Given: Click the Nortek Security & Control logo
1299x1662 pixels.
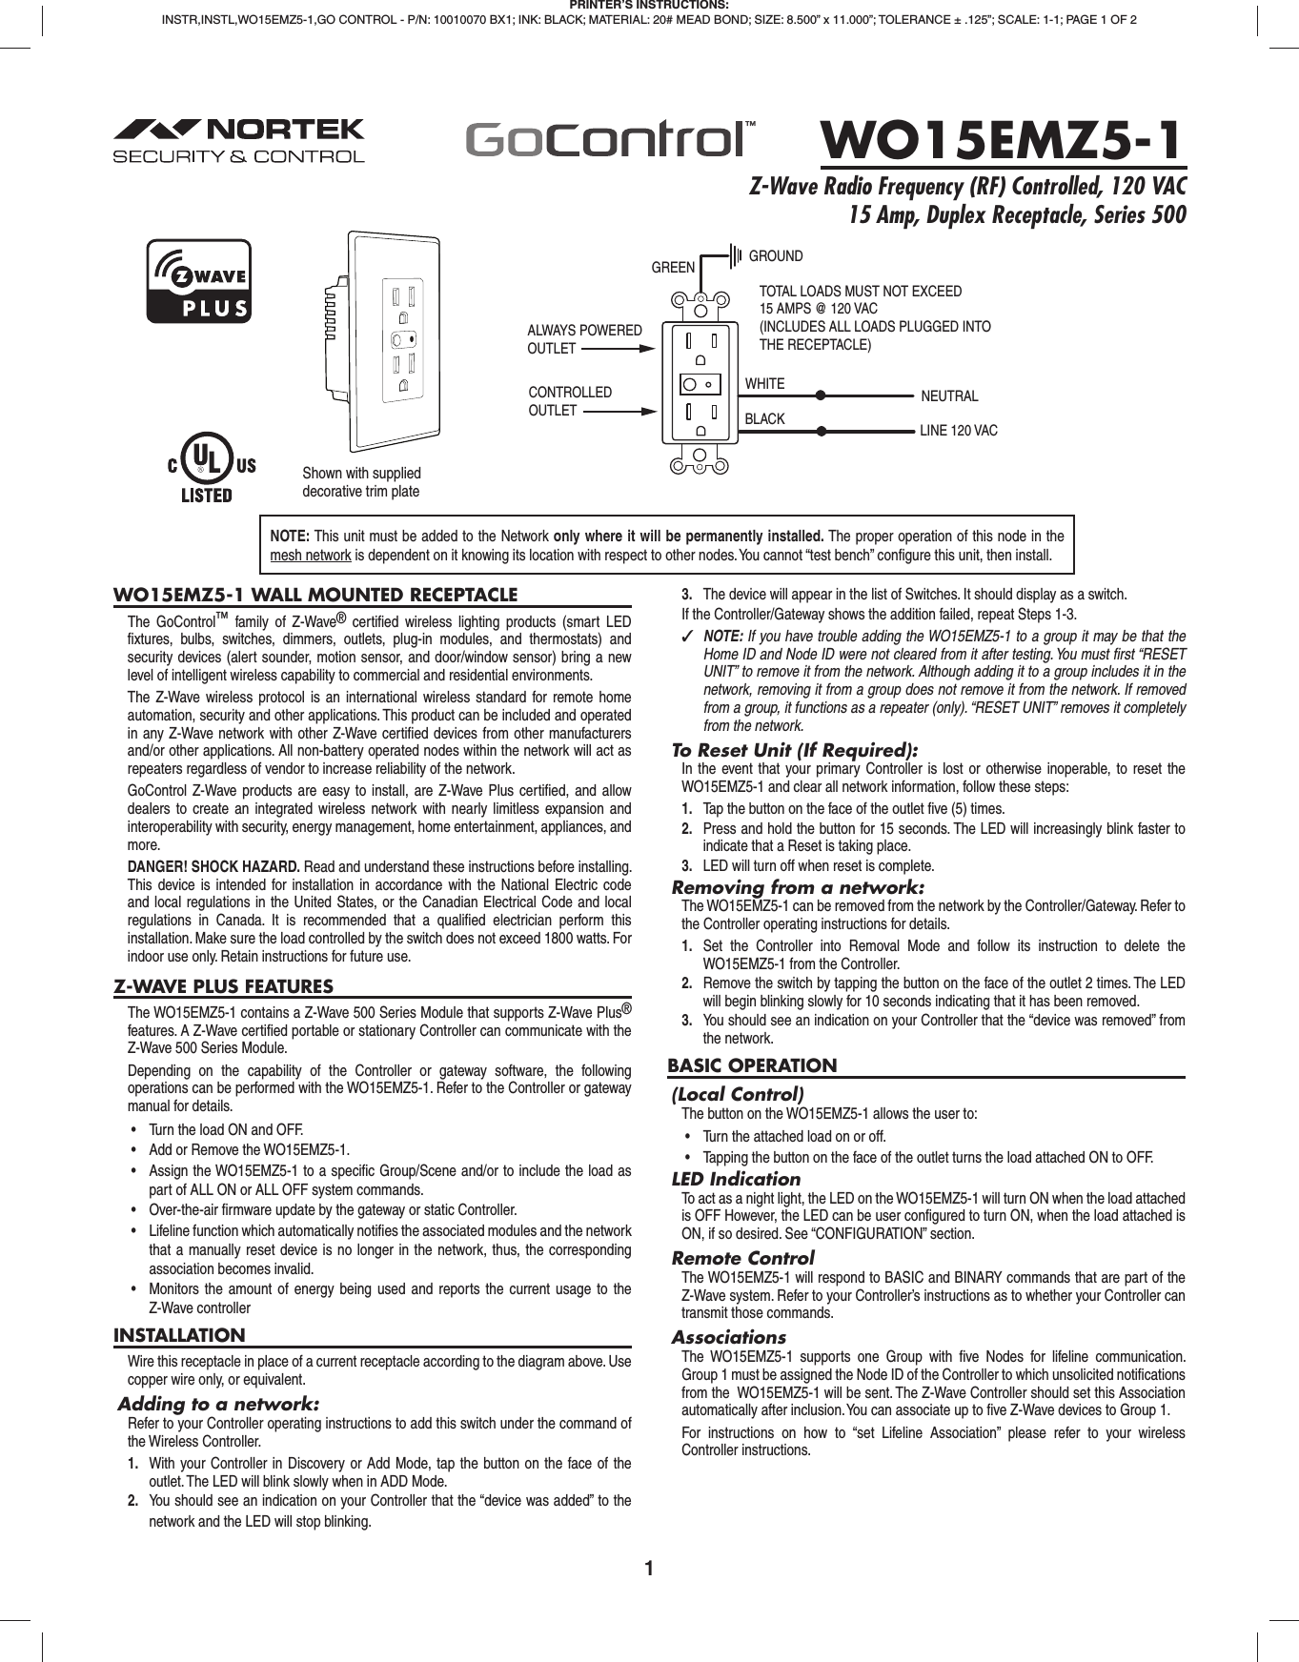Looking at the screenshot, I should click(x=238, y=141).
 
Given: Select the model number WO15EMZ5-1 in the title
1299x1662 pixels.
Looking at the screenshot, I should click(x=1002, y=140).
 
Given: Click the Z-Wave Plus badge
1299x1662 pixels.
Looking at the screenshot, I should click(x=198, y=281).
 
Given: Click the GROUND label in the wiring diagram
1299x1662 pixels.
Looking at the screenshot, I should click(x=776, y=256).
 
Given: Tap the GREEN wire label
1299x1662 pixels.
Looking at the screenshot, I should click(x=673, y=268).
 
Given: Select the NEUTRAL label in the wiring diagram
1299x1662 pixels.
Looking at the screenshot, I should click(x=949, y=396).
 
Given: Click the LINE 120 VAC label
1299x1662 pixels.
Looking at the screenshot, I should click(x=958, y=431).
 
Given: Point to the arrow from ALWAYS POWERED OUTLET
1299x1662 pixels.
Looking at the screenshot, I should click(x=618, y=349).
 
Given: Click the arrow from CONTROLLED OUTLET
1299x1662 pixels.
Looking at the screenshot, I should click(x=619, y=411).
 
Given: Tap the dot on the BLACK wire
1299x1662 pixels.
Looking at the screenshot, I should click(x=821, y=431).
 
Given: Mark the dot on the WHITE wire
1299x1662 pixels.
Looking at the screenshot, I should click(x=821, y=395).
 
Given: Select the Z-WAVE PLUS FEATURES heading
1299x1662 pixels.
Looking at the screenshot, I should click(x=224, y=986).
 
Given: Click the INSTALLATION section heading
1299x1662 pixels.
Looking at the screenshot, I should click(x=179, y=1335).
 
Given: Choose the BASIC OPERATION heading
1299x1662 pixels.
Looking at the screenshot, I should click(x=752, y=1065).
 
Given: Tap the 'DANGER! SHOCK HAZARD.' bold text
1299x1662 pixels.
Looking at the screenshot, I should click(x=214, y=866).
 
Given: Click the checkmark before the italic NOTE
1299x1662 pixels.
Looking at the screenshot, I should click(x=687, y=637).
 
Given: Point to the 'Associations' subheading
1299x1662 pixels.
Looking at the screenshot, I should click(x=728, y=1337).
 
